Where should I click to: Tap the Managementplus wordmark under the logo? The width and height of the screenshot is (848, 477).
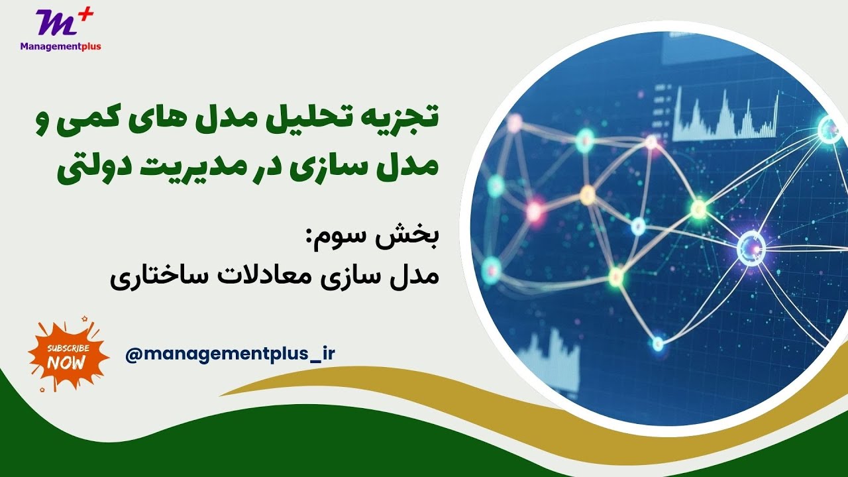(x=61, y=46)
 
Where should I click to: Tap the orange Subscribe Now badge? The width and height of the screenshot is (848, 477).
(x=67, y=355)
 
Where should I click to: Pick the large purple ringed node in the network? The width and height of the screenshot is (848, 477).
(x=751, y=248)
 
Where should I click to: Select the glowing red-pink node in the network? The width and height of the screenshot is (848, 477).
(x=534, y=211)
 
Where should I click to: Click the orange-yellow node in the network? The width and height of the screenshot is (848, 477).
(x=588, y=194)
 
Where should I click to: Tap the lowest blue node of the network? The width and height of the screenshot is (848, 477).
(x=657, y=343)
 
